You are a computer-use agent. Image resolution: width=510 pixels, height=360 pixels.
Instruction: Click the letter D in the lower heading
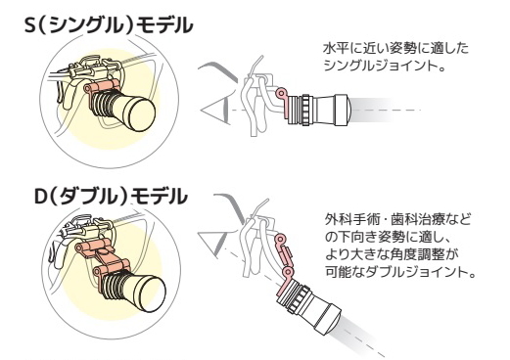(x=41, y=197)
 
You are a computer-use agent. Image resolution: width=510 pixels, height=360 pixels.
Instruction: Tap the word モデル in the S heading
(x=164, y=25)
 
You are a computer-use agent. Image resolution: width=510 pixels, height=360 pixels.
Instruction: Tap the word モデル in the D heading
(x=159, y=197)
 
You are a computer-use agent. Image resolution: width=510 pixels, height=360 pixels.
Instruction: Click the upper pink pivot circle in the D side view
(x=279, y=240)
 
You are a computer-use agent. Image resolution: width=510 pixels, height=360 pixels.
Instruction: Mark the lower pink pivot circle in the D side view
(x=288, y=272)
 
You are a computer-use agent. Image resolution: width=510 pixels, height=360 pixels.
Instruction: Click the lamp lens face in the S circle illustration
(x=142, y=114)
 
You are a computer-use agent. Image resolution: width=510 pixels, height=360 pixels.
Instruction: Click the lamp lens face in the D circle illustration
(x=153, y=294)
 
